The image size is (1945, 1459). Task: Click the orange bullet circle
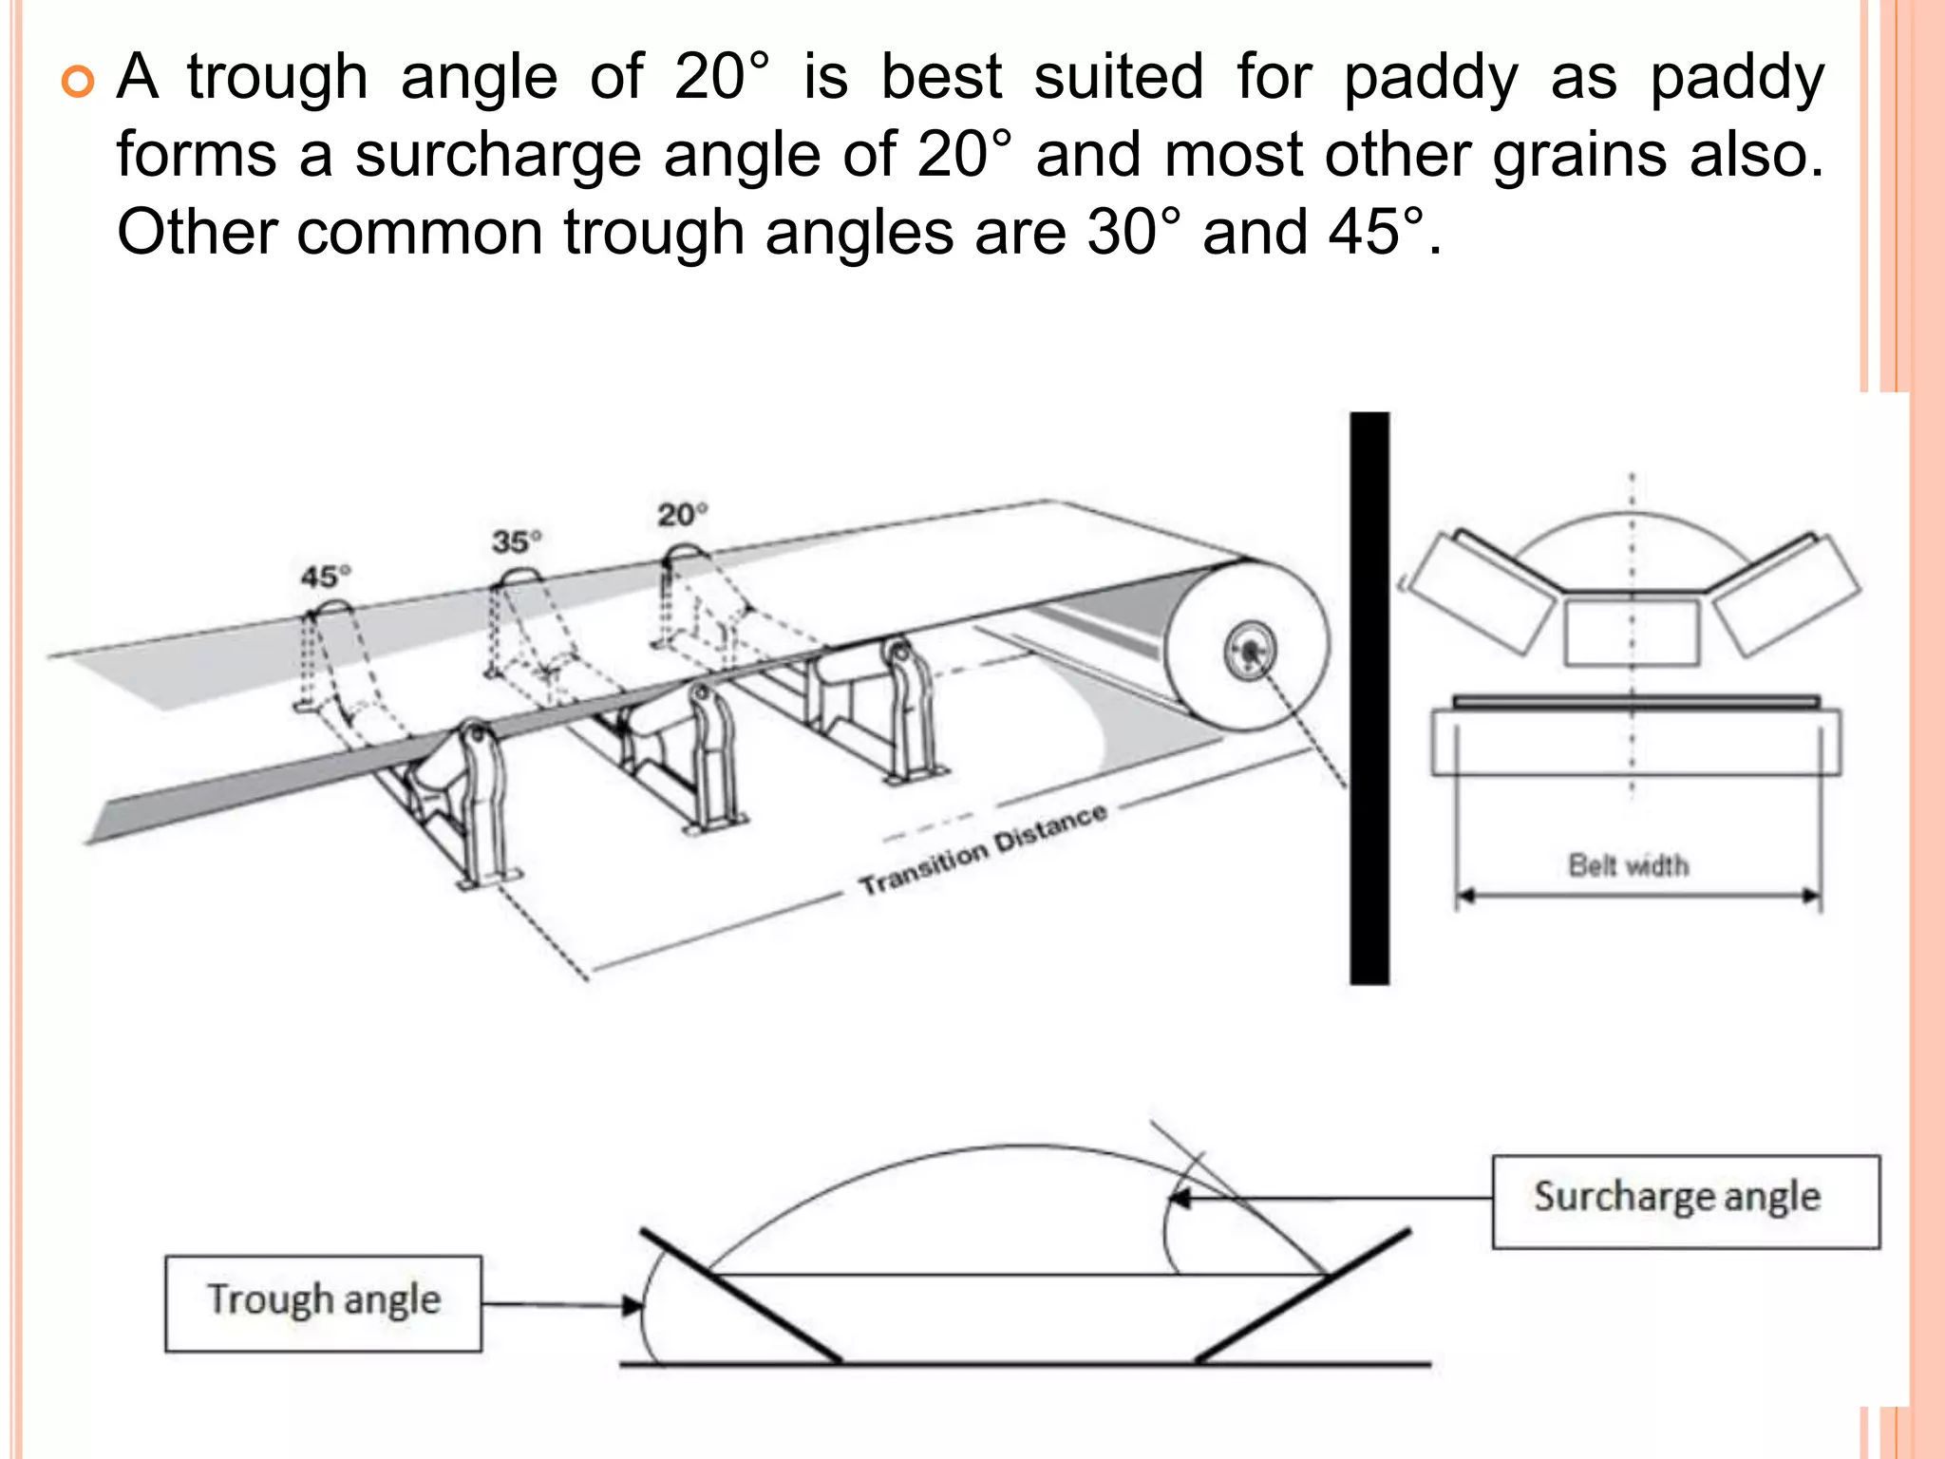78,82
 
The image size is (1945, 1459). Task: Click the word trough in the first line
277,78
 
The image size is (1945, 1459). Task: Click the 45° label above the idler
326,577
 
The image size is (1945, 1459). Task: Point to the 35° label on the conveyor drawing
517,541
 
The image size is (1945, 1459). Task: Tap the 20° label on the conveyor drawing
683,515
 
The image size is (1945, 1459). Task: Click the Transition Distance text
983,849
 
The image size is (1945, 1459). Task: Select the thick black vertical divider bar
1369,698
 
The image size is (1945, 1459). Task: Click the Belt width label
1628,865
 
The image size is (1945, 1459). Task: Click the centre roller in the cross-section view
1632,632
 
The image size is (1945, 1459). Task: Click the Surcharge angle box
1685,1202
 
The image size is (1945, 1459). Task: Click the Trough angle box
323,1302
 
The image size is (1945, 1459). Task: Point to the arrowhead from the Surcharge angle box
1180,1199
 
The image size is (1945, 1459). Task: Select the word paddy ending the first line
1737,78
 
